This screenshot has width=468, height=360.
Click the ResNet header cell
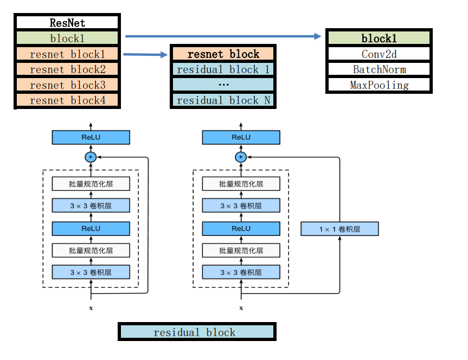click(67, 23)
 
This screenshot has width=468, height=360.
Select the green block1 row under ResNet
click(67, 38)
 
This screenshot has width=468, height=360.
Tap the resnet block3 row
click(67, 85)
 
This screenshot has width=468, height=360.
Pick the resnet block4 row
click(67, 100)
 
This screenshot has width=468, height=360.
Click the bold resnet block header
click(223, 54)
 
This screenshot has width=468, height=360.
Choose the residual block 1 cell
click(223, 69)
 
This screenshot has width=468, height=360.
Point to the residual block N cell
click(223, 100)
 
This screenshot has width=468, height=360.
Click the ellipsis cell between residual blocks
click(223, 85)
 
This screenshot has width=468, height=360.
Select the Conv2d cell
click(379, 54)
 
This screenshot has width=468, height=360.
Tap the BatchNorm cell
click(379, 69)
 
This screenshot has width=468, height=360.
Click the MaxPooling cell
click(379, 85)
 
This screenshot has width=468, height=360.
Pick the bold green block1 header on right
click(379, 38)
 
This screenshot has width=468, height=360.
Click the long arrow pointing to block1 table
click(222, 36)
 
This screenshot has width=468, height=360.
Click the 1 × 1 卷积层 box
click(339, 229)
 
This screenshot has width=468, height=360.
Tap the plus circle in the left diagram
click(91, 157)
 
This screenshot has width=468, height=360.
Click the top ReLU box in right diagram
click(241, 137)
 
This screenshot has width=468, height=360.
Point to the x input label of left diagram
click(91, 308)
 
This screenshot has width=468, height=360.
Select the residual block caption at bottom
click(196, 332)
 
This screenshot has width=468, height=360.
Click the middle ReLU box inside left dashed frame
click(91, 228)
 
